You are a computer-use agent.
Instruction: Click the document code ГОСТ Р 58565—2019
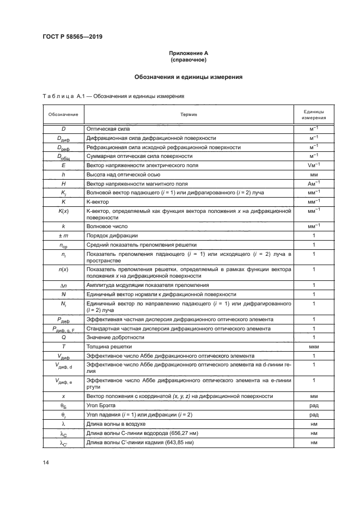click(x=72, y=36)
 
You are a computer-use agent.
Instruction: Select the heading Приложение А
click(x=189, y=53)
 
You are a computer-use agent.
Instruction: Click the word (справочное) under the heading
click(x=189, y=60)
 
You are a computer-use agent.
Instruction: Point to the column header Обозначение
click(x=63, y=114)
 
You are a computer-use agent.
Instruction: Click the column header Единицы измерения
click(x=314, y=114)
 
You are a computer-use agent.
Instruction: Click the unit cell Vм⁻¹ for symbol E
click(x=314, y=164)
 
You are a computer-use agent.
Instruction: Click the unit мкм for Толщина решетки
click(x=314, y=346)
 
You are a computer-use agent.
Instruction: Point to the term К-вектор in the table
click(x=98, y=201)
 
